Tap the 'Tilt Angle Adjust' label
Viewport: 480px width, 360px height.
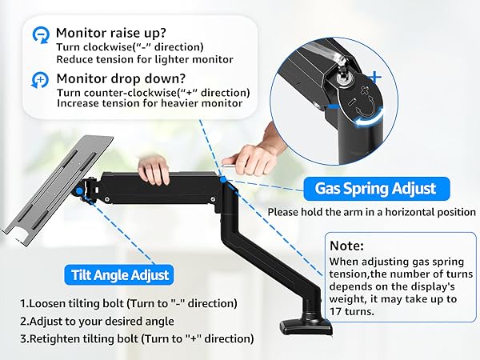[x=118, y=274]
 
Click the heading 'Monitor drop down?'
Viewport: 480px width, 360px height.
[x=114, y=79]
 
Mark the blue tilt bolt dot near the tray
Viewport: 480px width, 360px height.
[x=78, y=190]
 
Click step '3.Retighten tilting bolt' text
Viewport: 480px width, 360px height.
[x=136, y=338]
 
